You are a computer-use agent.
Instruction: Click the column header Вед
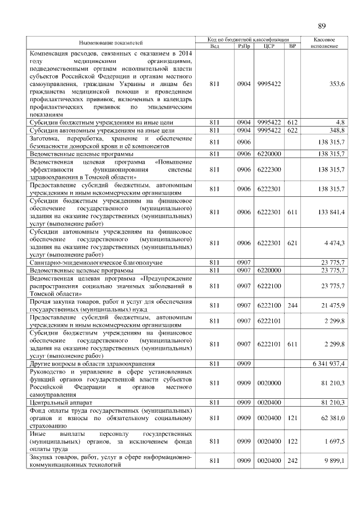point(214,46)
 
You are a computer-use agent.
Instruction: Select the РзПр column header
point(244,46)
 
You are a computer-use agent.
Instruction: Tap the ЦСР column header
point(268,46)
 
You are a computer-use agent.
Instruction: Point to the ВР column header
point(291,46)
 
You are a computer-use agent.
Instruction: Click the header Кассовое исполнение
point(323,42)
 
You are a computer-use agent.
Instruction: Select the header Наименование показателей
point(110,42)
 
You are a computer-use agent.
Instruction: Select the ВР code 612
point(291,121)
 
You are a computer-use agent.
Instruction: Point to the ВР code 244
point(291,305)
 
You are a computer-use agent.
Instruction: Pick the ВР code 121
point(291,418)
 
